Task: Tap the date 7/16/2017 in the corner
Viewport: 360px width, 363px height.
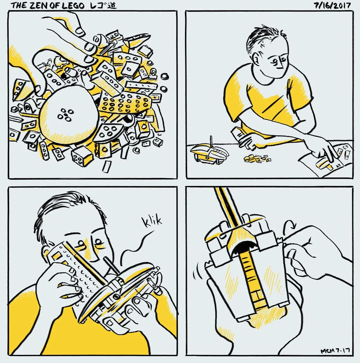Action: (333, 5)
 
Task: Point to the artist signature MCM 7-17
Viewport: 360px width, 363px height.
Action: (335, 351)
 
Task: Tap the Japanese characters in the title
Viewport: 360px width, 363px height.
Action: (103, 5)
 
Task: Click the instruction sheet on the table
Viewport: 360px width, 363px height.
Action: (328, 160)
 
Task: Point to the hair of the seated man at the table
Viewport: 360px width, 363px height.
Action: (264, 37)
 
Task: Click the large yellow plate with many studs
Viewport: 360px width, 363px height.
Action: (125, 103)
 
